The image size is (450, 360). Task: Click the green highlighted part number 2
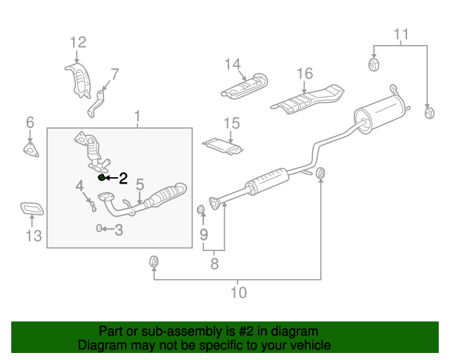101,177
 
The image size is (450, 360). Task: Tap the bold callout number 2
123,179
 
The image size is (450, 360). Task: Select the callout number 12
78,42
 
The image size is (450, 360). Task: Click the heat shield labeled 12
78,81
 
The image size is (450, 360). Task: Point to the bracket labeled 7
97,104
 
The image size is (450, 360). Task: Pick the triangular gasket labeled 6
31,149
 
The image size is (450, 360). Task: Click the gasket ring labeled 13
32,209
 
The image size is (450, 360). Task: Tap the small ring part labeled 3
98,229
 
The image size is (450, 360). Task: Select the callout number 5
140,184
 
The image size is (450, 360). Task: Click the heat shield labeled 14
245,86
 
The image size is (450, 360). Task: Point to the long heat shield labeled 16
307,99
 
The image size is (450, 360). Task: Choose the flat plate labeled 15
223,147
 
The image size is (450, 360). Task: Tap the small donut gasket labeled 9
201,210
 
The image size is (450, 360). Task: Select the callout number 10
239,292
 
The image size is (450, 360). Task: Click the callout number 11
401,34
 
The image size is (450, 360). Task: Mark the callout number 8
214,264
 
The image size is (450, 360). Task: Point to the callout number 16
304,74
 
